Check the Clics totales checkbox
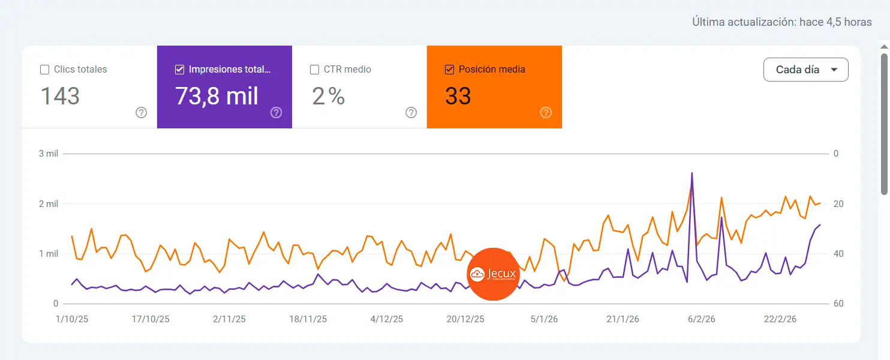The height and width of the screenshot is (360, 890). coord(44,70)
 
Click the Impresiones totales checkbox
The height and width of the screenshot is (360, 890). coord(179,70)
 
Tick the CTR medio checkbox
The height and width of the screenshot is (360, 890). coord(314,70)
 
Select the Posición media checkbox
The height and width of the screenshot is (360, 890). coord(449,70)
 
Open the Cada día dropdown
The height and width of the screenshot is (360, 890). coord(805,70)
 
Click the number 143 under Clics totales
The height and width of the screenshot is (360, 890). coord(60,96)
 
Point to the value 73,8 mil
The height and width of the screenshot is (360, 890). coord(217,96)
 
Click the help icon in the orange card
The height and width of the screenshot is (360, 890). coord(546,112)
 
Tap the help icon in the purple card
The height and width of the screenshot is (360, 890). coord(276,112)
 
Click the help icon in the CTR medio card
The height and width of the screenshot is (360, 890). coord(411,112)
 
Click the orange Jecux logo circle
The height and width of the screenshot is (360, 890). coord(492,274)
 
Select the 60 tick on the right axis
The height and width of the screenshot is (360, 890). coord(838,304)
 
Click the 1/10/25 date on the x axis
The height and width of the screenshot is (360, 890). coord(72,319)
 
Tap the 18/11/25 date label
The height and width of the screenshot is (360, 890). coord(308,319)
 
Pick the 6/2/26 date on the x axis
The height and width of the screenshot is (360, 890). coord(701,319)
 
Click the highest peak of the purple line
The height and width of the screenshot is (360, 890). coord(692,173)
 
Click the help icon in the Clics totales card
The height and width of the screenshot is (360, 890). coord(141,112)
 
